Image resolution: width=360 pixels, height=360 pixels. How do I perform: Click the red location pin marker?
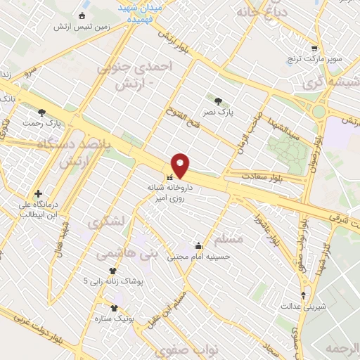[x=181, y=165]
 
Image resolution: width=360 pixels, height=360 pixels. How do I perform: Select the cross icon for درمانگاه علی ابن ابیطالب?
[x=38, y=193]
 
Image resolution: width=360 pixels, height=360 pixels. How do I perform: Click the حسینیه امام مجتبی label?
[x=199, y=257]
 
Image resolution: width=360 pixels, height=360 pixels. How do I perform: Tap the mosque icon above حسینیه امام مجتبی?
[x=199, y=245]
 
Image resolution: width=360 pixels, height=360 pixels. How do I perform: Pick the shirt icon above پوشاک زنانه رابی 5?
[x=112, y=271]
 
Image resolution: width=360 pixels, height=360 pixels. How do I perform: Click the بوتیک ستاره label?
[x=114, y=319]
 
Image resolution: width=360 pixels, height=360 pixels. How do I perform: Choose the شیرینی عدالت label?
[x=302, y=306]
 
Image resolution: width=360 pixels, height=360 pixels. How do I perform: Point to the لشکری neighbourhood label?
[x=105, y=221]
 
